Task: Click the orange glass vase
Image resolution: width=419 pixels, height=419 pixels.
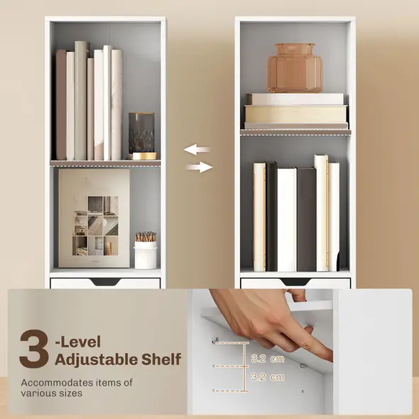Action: coord(295,68)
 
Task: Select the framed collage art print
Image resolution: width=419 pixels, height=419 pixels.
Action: coord(94,218)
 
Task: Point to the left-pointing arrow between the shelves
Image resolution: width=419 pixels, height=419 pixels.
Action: coord(197,150)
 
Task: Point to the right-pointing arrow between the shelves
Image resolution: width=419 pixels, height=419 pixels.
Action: coord(200,168)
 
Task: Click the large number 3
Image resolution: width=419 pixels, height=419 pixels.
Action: coord(33,348)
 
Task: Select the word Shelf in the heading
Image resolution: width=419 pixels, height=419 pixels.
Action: coord(161,359)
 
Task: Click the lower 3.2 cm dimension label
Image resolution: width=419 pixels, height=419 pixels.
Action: coord(268,376)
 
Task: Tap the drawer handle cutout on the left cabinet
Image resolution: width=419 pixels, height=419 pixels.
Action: coord(105,282)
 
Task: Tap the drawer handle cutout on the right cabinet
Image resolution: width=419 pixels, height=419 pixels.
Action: coord(295,282)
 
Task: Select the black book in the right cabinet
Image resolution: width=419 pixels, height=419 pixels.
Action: coord(271,217)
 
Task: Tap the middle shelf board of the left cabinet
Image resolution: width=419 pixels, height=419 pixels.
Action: coord(105,163)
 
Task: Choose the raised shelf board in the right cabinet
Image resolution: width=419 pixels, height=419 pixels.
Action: coord(295,131)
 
